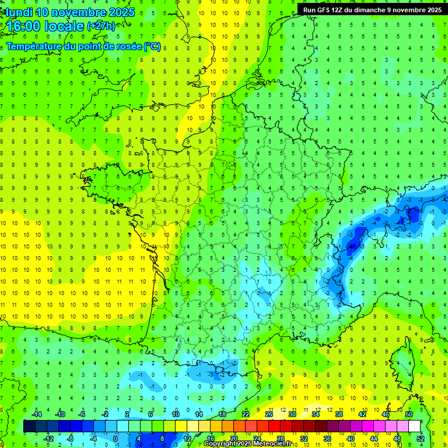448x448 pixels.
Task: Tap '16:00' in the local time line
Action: [x=23, y=26]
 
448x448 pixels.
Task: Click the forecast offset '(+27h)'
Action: [x=101, y=26]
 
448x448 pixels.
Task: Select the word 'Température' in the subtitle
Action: [x=34, y=46]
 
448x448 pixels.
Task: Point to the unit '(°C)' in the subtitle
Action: [x=152, y=46]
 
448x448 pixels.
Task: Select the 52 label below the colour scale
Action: [x=421, y=439]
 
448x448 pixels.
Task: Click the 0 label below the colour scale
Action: [x=115, y=439]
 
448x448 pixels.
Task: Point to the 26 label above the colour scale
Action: [x=269, y=414]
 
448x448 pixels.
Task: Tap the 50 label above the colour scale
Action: [x=409, y=414]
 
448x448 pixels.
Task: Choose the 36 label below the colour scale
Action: [x=327, y=439]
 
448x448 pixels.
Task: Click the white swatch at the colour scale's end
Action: [x=415, y=426]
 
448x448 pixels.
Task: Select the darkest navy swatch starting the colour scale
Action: [x=29, y=426]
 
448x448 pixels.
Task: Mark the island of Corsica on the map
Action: [x=401, y=362]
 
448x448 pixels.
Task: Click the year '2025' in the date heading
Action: [x=121, y=12]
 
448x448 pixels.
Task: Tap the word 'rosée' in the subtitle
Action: [x=129, y=46]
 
